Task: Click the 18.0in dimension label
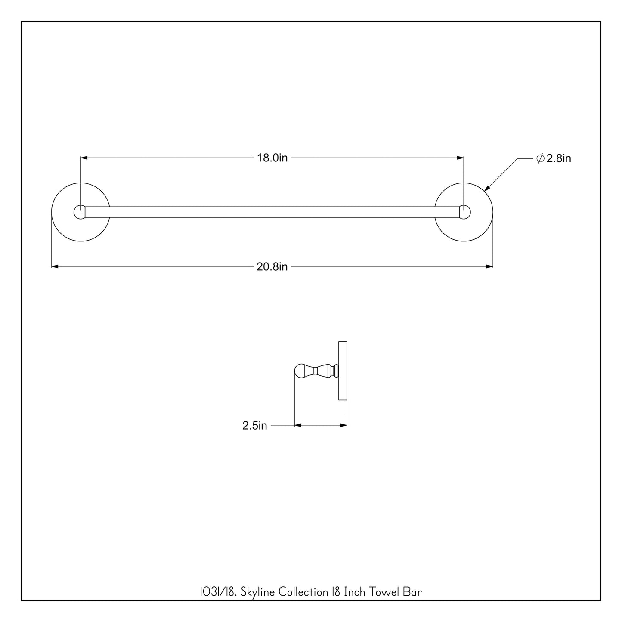click(272, 158)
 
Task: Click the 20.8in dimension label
click(272, 267)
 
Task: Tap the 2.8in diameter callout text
click(559, 158)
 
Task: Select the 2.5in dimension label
click(254, 426)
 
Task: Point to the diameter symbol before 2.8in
click(540, 158)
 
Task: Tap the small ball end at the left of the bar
click(80, 212)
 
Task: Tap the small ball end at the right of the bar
click(465, 212)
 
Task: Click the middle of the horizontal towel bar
click(272, 212)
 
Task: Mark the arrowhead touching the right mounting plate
click(487, 188)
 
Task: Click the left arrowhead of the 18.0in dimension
click(84, 158)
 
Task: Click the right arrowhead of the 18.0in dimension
click(460, 158)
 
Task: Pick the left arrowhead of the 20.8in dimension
click(55, 267)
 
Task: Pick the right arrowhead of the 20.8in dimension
click(489, 267)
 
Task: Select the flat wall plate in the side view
click(343, 371)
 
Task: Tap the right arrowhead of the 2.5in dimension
click(343, 425)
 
